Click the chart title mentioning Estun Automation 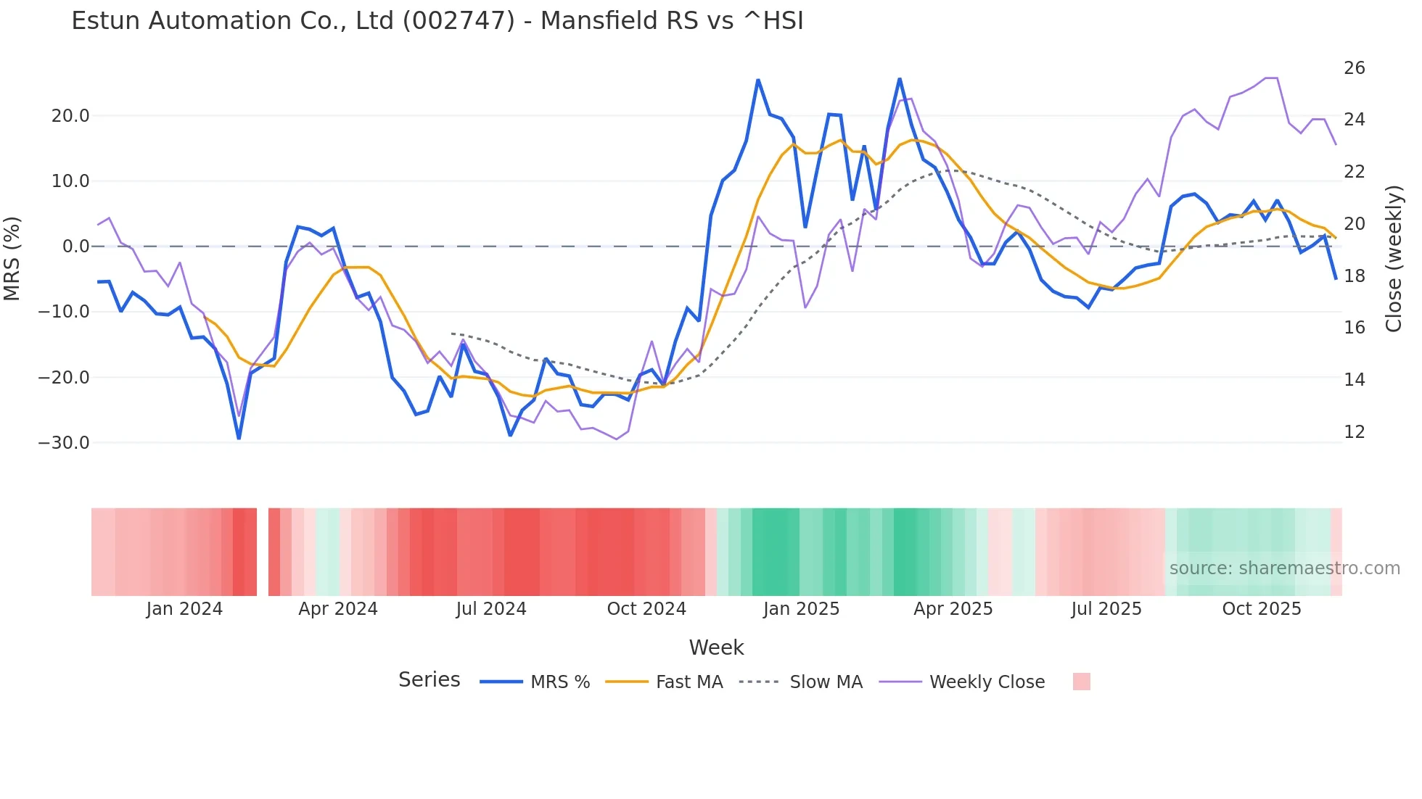[437, 21]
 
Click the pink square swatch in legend [1081, 682]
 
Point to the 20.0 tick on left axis [70, 116]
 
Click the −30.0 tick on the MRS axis [64, 443]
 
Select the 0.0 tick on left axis [75, 247]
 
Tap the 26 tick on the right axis [1354, 68]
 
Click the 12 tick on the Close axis [1354, 432]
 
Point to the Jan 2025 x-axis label [801, 609]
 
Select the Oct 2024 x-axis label [646, 609]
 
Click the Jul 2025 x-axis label [1106, 609]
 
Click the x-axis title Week [716, 647]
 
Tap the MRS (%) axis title [12, 258]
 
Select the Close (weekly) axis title [1394, 258]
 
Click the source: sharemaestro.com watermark [1284, 568]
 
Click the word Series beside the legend [429, 680]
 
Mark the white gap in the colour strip [263, 552]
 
